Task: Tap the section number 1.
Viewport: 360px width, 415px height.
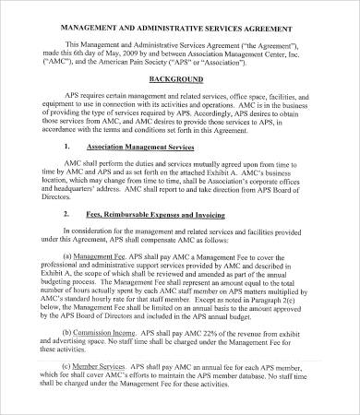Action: tap(68, 172)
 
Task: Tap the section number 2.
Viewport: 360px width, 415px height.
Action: tap(68, 240)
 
